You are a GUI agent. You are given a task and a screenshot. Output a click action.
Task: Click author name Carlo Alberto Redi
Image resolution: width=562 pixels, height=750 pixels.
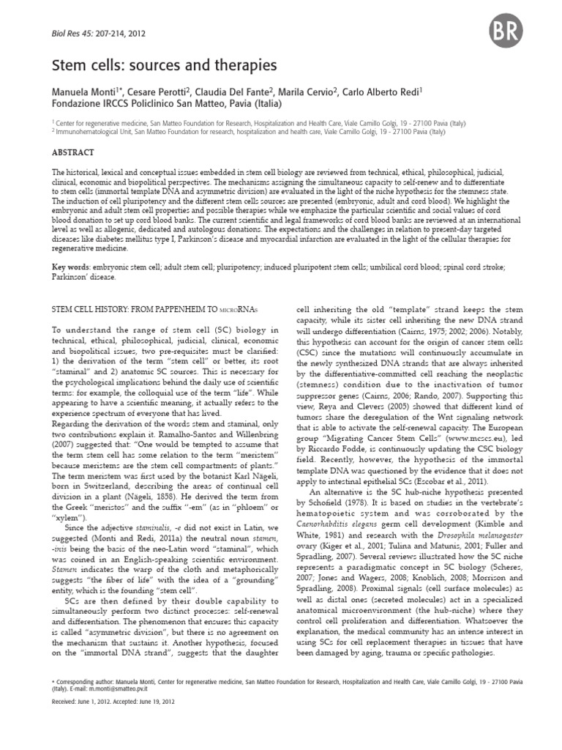tap(384, 91)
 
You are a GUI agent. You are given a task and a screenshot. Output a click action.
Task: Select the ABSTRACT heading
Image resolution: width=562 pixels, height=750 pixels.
tap(73, 152)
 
